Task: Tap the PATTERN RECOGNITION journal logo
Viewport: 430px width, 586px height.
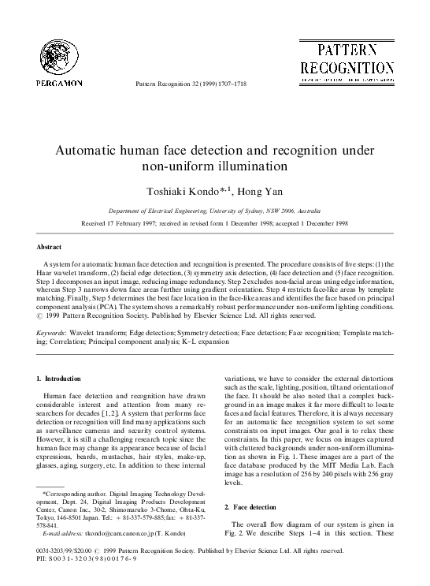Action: pyautogui.click(x=347, y=59)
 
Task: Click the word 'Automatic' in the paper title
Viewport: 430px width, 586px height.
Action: pyautogui.click(x=89, y=150)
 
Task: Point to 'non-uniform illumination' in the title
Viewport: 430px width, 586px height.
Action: pyautogui.click(x=214, y=166)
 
